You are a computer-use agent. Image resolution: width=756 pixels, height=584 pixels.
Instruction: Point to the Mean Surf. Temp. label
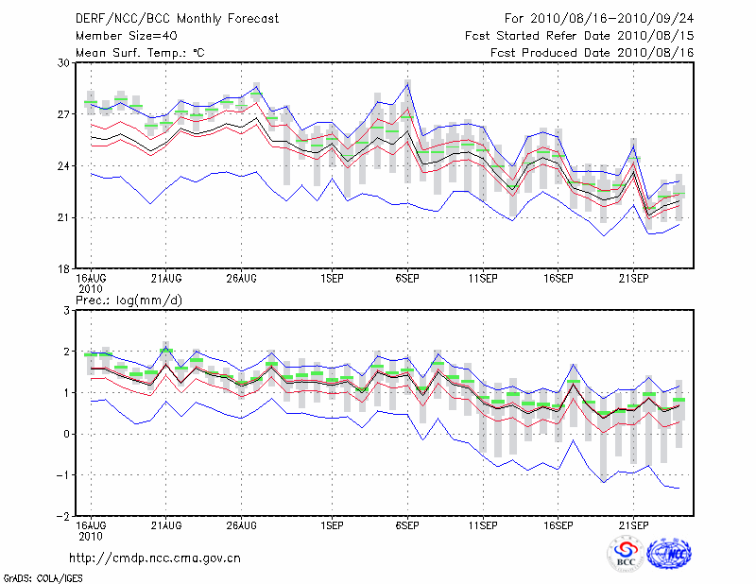pos(139,53)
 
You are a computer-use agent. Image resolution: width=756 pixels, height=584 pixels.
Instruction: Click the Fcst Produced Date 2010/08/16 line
pos(593,53)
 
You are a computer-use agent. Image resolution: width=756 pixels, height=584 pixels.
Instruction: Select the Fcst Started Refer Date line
pos(579,35)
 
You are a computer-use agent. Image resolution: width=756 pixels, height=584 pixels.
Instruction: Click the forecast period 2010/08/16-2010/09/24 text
pos(599,18)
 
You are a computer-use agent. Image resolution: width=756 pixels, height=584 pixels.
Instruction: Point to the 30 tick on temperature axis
pos(64,62)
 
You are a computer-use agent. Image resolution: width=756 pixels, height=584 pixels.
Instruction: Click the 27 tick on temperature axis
pos(64,114)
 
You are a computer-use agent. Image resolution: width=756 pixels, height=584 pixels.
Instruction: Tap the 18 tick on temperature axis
pos(64,269)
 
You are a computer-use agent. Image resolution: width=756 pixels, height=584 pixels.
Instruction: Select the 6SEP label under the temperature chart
pos(407,279)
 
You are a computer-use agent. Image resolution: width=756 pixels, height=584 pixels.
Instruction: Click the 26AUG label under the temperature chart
pos(242,279)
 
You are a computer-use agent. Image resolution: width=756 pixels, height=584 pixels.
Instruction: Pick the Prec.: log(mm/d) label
pos(128,300)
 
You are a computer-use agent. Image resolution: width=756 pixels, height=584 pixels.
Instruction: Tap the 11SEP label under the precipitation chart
pos(483,524)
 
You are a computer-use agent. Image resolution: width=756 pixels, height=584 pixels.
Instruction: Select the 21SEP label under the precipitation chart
pos(633,524)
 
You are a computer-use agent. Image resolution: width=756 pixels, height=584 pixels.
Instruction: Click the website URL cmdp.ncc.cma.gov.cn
pos(155,558)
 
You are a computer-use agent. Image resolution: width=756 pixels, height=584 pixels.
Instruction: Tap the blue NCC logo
pos(668,554)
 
